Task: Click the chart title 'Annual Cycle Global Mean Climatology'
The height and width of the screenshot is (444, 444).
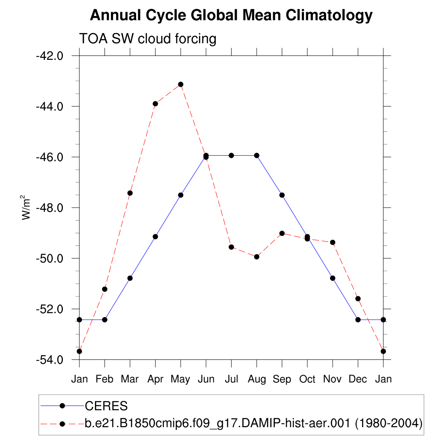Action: [x=231, y=16]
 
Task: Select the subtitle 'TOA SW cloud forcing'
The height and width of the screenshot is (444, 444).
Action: [x=147, y=39]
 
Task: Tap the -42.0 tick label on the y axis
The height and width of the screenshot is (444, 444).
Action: [x=52, y=56]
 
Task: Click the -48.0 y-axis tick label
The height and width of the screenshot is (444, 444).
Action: [x=52, y=208]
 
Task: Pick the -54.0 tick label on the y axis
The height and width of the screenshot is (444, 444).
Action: [x=52, y=360]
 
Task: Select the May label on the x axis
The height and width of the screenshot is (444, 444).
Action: [x=180, y=379]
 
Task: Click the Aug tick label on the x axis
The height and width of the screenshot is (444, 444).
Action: [x=257, y=379]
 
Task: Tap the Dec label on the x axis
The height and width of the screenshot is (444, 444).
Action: [x=358, y=379]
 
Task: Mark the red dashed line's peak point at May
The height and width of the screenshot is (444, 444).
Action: [x=181, y=84]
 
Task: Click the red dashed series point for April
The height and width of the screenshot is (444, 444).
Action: [x=155, y=104]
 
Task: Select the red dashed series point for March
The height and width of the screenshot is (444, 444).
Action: [x=130, y=193]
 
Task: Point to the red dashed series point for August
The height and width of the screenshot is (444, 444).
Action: [x=257, y=257]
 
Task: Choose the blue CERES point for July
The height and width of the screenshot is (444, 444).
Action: [x=232, y=155]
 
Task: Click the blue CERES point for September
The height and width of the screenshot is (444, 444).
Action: [x=282, y=195]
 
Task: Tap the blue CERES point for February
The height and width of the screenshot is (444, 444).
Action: [x=104, y=320]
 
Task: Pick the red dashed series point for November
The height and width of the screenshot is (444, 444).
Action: [x=333, y=242]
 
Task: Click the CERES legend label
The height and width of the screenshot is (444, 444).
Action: [x=106, y=406]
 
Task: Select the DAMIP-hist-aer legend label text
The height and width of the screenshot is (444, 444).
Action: [x=253, y=423]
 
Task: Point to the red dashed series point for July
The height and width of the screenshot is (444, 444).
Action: [x=232, y=247]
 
